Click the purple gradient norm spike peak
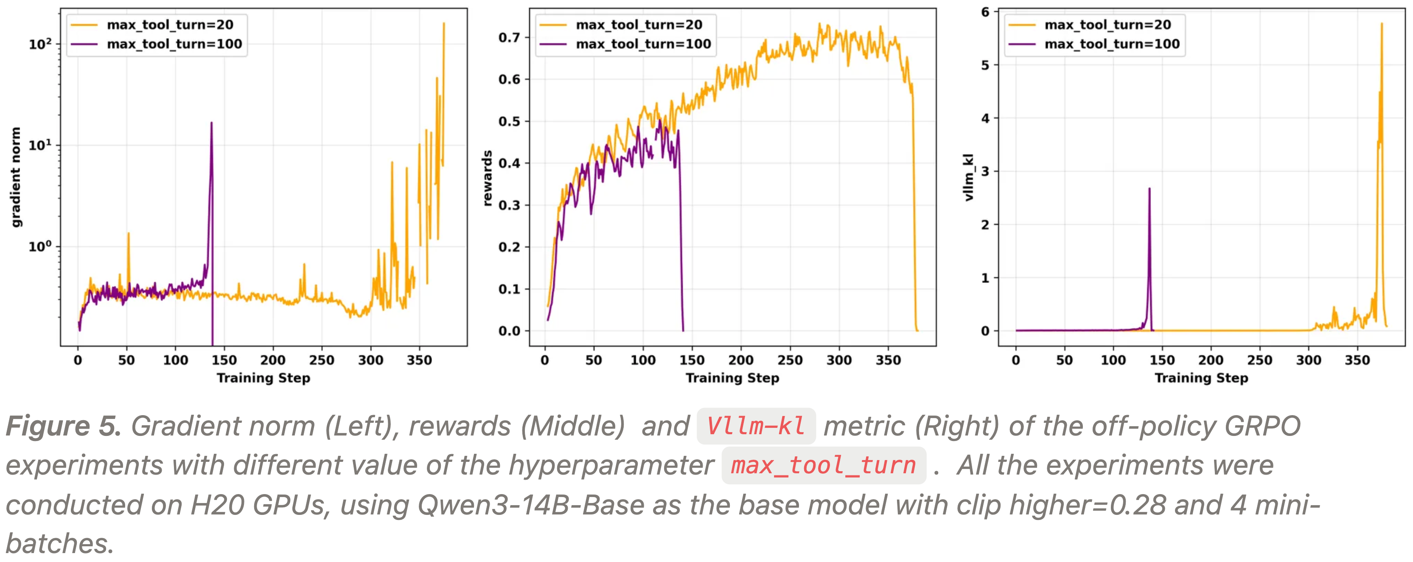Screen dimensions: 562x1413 click(211, 124)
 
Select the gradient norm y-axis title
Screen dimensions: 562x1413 click(16, 177)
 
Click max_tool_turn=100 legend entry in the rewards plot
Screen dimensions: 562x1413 click(643, 44)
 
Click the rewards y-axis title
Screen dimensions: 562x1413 click(487, 178)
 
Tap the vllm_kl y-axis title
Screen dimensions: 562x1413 click(969, 177)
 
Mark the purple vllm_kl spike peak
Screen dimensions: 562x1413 click(1149, 189)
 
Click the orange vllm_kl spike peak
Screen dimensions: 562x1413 click(1382, 24)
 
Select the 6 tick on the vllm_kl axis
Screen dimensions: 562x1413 click(985, 11)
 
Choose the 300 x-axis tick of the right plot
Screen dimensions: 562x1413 click(1308, 360)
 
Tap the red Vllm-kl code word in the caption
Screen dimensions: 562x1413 click(756, 426)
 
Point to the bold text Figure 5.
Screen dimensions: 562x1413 click(63, 426)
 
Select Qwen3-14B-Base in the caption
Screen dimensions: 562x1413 click(530, 505)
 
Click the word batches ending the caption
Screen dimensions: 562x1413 click(59, 543)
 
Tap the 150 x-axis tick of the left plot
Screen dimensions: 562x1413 click(224, 360)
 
